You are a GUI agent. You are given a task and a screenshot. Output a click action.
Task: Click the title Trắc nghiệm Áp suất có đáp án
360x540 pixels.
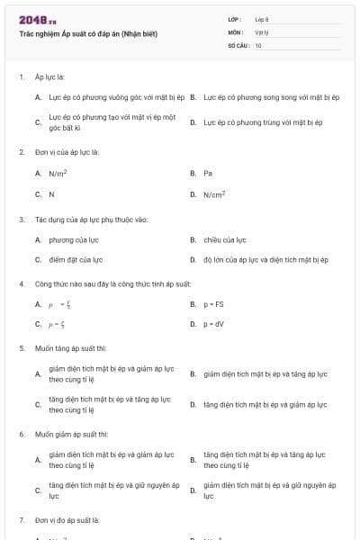pyautogui.click(x=88, y=34)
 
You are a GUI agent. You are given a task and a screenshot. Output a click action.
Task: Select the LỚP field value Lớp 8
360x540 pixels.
pyautogui.click(x=262, y=19)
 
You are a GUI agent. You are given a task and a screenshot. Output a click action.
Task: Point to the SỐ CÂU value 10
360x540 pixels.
pyautogui.click(x=258, y=44)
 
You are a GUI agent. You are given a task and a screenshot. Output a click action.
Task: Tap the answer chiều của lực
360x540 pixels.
pyautogui.click(x=225, y=239)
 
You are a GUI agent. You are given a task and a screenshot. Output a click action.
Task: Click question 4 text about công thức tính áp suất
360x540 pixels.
pyautogui.click(x=113, y=283)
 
